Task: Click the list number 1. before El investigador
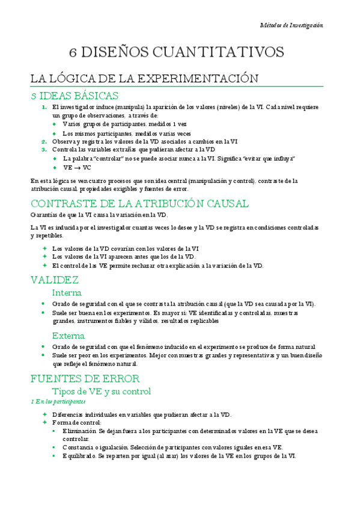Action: click(x=44, y=107)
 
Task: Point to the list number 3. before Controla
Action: click(x=44, y=150)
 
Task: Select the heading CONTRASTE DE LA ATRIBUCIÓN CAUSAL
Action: click(x=139, y=203)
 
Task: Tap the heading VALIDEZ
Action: click(x=54, y=280)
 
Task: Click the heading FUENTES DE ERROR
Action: click(x=85, y=378)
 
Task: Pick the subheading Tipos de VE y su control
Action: click(x=101, y=391)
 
